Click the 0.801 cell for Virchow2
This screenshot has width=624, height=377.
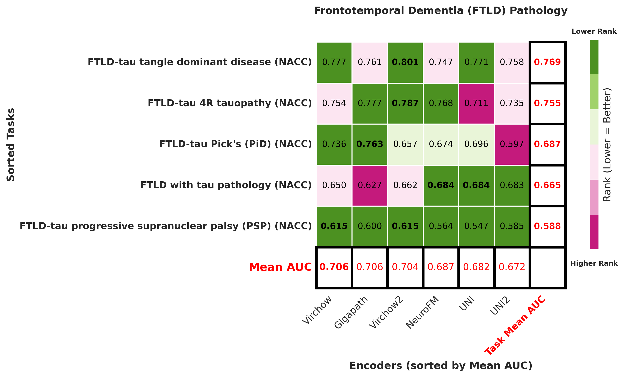pos(405,62)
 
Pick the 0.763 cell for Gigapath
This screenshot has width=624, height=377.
pos(370,144)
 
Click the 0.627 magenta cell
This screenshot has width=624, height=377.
pos(370,185)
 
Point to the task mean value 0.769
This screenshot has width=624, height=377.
pos(547,62)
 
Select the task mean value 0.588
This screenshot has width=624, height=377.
pos(547,226)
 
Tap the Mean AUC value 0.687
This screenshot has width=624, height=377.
pos(441,267)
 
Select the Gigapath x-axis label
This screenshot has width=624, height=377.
pos(351,312)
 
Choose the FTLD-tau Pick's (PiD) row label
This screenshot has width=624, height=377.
pos(235,144)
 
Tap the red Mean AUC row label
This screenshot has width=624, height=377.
pos(280,267)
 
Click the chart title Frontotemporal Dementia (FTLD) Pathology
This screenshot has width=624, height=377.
pos(441,11)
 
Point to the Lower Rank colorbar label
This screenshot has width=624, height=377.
pos(594,31)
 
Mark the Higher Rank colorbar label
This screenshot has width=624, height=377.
pos(594,264)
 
